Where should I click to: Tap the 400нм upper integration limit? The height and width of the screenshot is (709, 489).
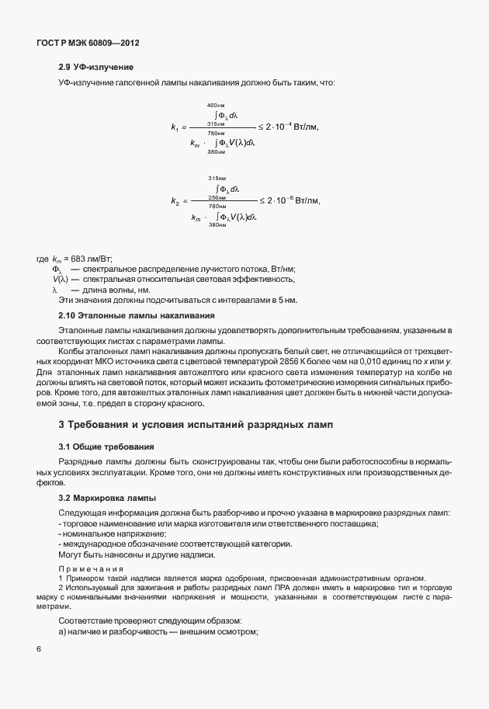(217, 105)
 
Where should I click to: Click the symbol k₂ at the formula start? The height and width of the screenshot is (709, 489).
(175, 201)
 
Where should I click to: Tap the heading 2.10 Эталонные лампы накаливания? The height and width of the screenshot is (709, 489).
(131, 315)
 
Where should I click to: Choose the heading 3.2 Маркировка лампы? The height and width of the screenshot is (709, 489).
(109, 497)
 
